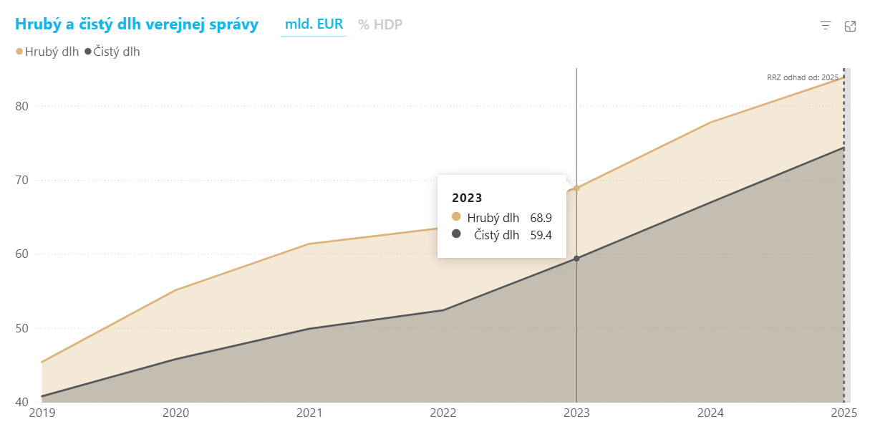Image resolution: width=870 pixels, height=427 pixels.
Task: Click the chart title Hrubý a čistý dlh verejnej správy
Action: point(137,24)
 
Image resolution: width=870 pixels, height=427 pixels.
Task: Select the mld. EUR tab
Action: point(314,24)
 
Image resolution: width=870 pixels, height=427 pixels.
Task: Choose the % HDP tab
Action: point(380,24)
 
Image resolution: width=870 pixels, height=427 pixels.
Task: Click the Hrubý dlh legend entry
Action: point(47,52)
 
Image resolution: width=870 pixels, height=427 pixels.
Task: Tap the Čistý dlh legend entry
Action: point(112,52)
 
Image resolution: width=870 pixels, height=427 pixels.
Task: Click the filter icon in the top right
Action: point(826,26)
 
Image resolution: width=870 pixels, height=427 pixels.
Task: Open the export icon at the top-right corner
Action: point(850,26)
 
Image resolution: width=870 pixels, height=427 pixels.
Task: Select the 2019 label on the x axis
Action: point(42,413)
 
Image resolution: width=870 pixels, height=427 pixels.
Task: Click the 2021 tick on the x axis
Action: point(309,413)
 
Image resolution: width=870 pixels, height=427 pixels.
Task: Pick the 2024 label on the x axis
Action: point(710,413)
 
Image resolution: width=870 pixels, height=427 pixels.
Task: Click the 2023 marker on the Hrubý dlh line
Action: point(576,188)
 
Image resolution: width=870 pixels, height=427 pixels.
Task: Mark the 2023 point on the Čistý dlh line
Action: point(576,259)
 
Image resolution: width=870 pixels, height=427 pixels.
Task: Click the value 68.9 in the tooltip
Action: point(541,218)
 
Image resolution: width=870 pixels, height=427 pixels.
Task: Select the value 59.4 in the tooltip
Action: point(541,234)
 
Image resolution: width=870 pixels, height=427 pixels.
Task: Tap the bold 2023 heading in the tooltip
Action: point(467,198)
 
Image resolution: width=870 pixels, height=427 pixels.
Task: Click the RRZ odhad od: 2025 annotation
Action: point(803,77)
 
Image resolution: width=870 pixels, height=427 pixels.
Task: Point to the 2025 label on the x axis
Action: point(844,413)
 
